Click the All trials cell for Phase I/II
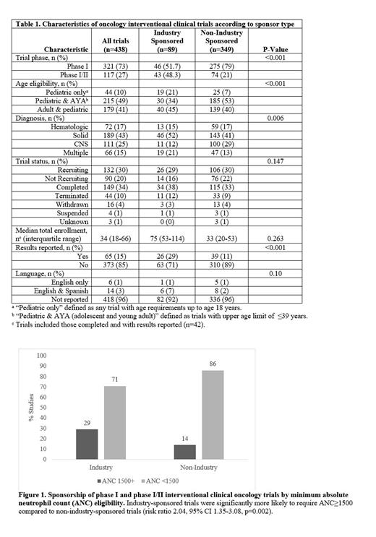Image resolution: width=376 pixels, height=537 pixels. click(113, 74)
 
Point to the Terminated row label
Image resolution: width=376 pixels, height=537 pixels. click(69, 197)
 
